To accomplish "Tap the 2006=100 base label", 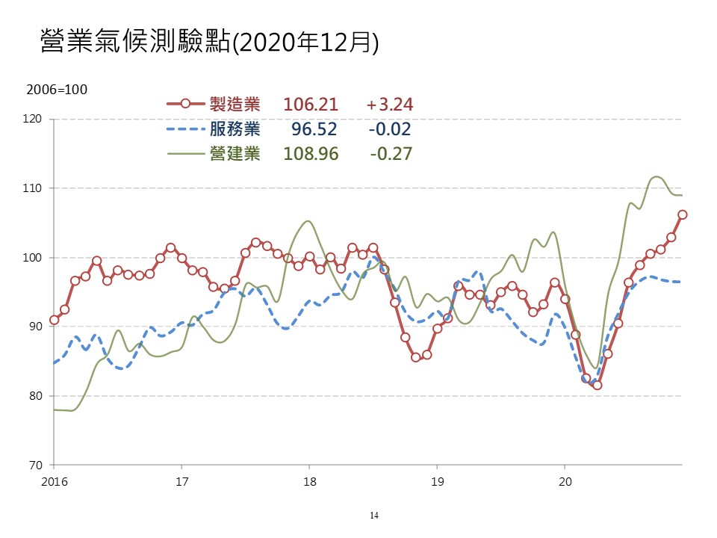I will (x=57, y=90).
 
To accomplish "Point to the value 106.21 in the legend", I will (x=311, y=105).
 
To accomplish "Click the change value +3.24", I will (x=390, y=105).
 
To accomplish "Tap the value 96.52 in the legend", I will (x=314, y=129).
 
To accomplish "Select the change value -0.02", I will (x=390, y=129).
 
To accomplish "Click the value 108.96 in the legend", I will (x=311, y=154).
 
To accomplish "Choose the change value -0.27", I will (x=391, y=154).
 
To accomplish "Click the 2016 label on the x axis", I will (x=54, y=479).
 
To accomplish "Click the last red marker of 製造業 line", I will (x=682, y=214).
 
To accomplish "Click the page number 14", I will (x=374, y=516).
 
